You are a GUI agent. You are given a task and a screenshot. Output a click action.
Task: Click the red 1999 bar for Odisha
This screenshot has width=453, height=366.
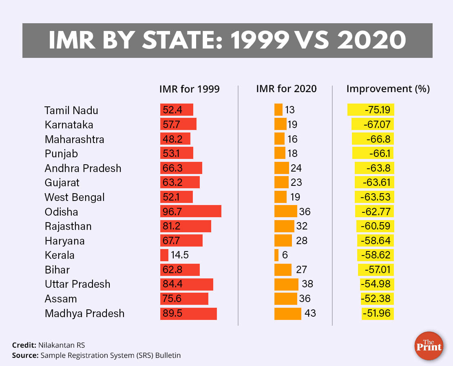[190, 212]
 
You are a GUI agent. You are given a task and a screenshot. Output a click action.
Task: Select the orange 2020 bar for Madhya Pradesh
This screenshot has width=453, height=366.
[287, 313]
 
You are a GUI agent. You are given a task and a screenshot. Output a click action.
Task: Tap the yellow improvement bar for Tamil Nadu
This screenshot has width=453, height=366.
[371, 110]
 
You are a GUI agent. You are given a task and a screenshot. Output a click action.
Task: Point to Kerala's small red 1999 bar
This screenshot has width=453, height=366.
[164, 255]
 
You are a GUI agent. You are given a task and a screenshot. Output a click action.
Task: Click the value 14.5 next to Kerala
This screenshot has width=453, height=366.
[180, 255]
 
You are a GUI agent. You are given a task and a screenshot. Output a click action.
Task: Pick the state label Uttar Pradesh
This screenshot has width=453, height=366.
[77, 284]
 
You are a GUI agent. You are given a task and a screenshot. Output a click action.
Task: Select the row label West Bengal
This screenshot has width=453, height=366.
[75, 197]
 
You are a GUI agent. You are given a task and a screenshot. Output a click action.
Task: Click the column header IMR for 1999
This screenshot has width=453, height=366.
[189, 89]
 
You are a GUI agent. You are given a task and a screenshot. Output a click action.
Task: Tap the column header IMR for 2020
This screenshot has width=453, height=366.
[286, 88]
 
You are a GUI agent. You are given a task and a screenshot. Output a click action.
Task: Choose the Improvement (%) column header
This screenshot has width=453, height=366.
[388, 88]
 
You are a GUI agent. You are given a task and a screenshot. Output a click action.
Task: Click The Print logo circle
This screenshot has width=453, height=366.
[429, 346]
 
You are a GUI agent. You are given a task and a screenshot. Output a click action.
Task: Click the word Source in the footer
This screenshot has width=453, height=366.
[25, 355]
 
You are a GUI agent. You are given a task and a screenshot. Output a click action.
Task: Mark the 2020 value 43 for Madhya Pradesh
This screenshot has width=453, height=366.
[310, 313]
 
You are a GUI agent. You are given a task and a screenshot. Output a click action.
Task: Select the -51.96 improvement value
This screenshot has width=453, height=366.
[378, 313]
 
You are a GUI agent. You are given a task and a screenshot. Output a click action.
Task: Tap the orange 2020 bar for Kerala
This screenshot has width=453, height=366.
[276, 255]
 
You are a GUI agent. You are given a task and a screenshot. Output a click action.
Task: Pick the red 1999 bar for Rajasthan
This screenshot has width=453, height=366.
[186, 226]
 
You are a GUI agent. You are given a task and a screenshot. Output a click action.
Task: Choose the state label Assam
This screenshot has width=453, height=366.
[61, 299]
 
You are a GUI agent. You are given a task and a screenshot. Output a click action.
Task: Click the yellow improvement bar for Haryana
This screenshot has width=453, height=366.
[375, 240]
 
